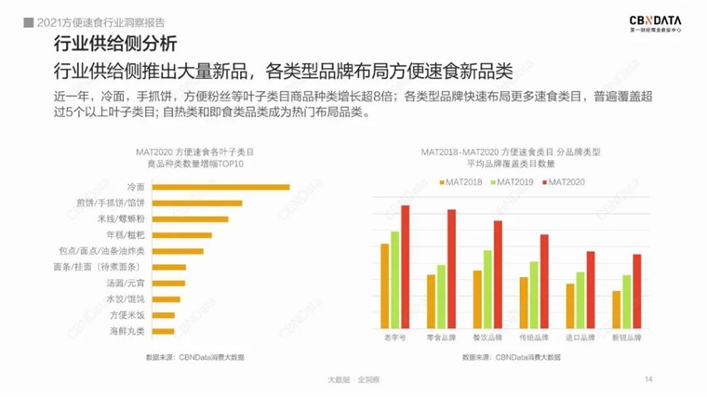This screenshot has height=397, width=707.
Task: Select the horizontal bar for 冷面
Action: pyautogui.click(x=220, y=187)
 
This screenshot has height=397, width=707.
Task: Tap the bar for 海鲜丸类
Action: pyautogui.click(x=162, y=330)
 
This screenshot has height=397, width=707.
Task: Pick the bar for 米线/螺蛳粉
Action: pyautogui.click(x=189, y=218)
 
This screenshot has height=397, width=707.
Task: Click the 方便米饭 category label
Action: pyautogui.click(x=127, y=314)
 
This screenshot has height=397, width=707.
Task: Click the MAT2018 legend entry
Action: pyautogui.click(x=461, y=181)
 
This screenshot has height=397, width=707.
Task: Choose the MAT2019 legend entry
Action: pyautogui.click(x=515, y=181)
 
